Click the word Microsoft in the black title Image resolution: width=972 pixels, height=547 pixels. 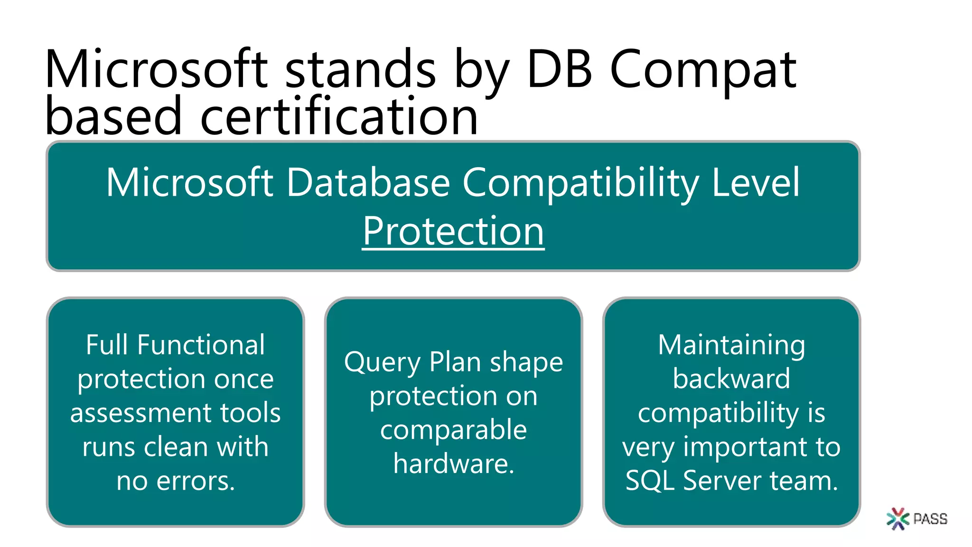[157, 70]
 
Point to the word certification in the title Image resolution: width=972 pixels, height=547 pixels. [339, 117]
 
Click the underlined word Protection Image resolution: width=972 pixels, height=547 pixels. [453, 231]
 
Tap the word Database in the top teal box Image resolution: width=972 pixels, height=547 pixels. [368, 182]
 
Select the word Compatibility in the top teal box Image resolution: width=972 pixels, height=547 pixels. [580, 183]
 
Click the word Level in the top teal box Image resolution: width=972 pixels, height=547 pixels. [756, 182]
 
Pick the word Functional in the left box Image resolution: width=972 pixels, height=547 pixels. [201, 345]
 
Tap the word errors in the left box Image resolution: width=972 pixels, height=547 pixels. [195, 481]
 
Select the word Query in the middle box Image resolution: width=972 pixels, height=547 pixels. [382, 363]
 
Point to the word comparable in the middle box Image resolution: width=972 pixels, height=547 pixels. [453, 430]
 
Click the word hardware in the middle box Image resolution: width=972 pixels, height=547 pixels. [453, 464]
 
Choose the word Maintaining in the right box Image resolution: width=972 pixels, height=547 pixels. [731, 345]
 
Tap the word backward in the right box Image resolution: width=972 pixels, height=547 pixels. [731, 379]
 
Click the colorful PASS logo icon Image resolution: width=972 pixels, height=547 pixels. [897, 519]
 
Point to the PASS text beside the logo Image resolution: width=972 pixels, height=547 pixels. [930, 519]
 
